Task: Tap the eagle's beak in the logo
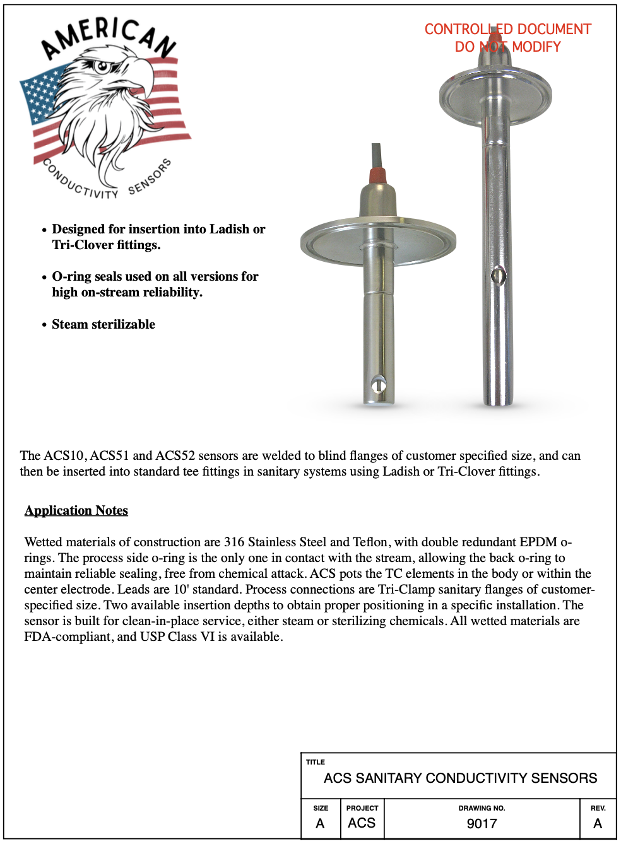(142, 73)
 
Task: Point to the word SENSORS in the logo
(150, 177)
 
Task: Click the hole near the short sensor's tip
(379, 384)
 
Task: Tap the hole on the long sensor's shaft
(499, 276)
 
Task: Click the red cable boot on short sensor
(377, 175)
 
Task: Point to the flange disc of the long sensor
(495, 95)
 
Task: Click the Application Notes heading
(76, 510)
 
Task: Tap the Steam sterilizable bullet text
(103, 324)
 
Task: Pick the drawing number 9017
(482, 824)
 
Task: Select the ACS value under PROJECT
(362, 823)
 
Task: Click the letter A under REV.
(598, 824)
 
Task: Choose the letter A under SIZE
(320, 824)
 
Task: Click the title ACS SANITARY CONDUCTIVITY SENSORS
(460, 778)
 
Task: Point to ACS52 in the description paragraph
(175, 455)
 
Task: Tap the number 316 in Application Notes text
(234, 542)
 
